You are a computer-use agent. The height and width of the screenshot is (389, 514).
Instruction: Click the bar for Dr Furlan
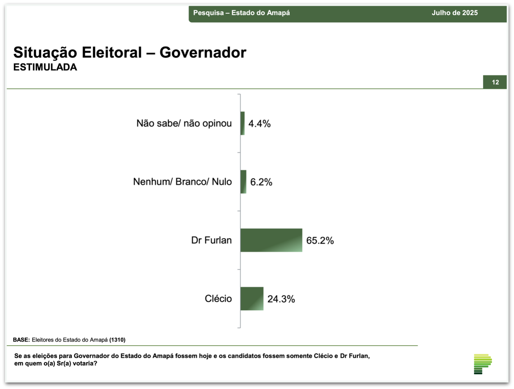pyautogui.click(x=271, y=240)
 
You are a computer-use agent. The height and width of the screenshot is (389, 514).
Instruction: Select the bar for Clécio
pyautogui.click(x=252, y=298)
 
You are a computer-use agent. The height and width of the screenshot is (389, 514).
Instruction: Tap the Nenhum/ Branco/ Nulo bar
pyautogui.click(x=243, y=182)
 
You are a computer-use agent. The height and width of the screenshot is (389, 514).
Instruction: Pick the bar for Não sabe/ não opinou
pyautogui.click(x=243, y=123)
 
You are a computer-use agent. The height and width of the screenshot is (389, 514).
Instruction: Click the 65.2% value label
pyautogui.click(x=320, y=241)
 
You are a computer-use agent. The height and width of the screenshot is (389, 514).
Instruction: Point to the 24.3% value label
pyautogui.click(x=281, y=299)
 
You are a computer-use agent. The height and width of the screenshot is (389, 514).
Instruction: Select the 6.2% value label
pyautogui.click(x=261, y=182)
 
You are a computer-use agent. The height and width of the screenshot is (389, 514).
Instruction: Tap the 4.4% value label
pyautogui.click(x=260, y=124)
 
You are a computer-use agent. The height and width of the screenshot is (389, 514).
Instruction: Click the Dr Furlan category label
pyautogui.click(x=211, y=240)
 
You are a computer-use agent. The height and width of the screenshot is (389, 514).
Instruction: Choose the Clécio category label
pyautogui.click(x=218, y=298)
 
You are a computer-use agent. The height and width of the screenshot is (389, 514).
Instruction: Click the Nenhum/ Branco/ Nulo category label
pyautogui.click(x=182, y=182)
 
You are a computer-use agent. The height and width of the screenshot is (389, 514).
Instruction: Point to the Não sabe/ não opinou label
pyautogui.click(x=184, y=124)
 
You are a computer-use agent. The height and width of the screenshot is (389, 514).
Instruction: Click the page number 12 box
pyautogui.click(x=495, y=82)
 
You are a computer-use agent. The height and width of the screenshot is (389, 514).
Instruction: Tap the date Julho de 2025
pyautogui.click(x=455, y=13)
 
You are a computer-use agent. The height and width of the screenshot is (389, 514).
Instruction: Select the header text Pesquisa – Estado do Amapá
pyautogui.click(x=242, y=13)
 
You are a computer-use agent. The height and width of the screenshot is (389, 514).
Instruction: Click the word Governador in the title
pyautogui.click(x=203, y=52)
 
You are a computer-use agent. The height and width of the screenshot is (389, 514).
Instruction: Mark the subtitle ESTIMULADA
pyautogui.click(x=45, y=67)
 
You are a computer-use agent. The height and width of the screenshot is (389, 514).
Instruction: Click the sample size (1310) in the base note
pyautogui.click(x=117, y=340)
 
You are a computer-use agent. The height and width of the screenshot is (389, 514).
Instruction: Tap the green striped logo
pyautogui.click(x=483, y=364)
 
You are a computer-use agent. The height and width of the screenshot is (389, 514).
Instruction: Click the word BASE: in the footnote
pyautogui.click(x=22, y=340)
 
